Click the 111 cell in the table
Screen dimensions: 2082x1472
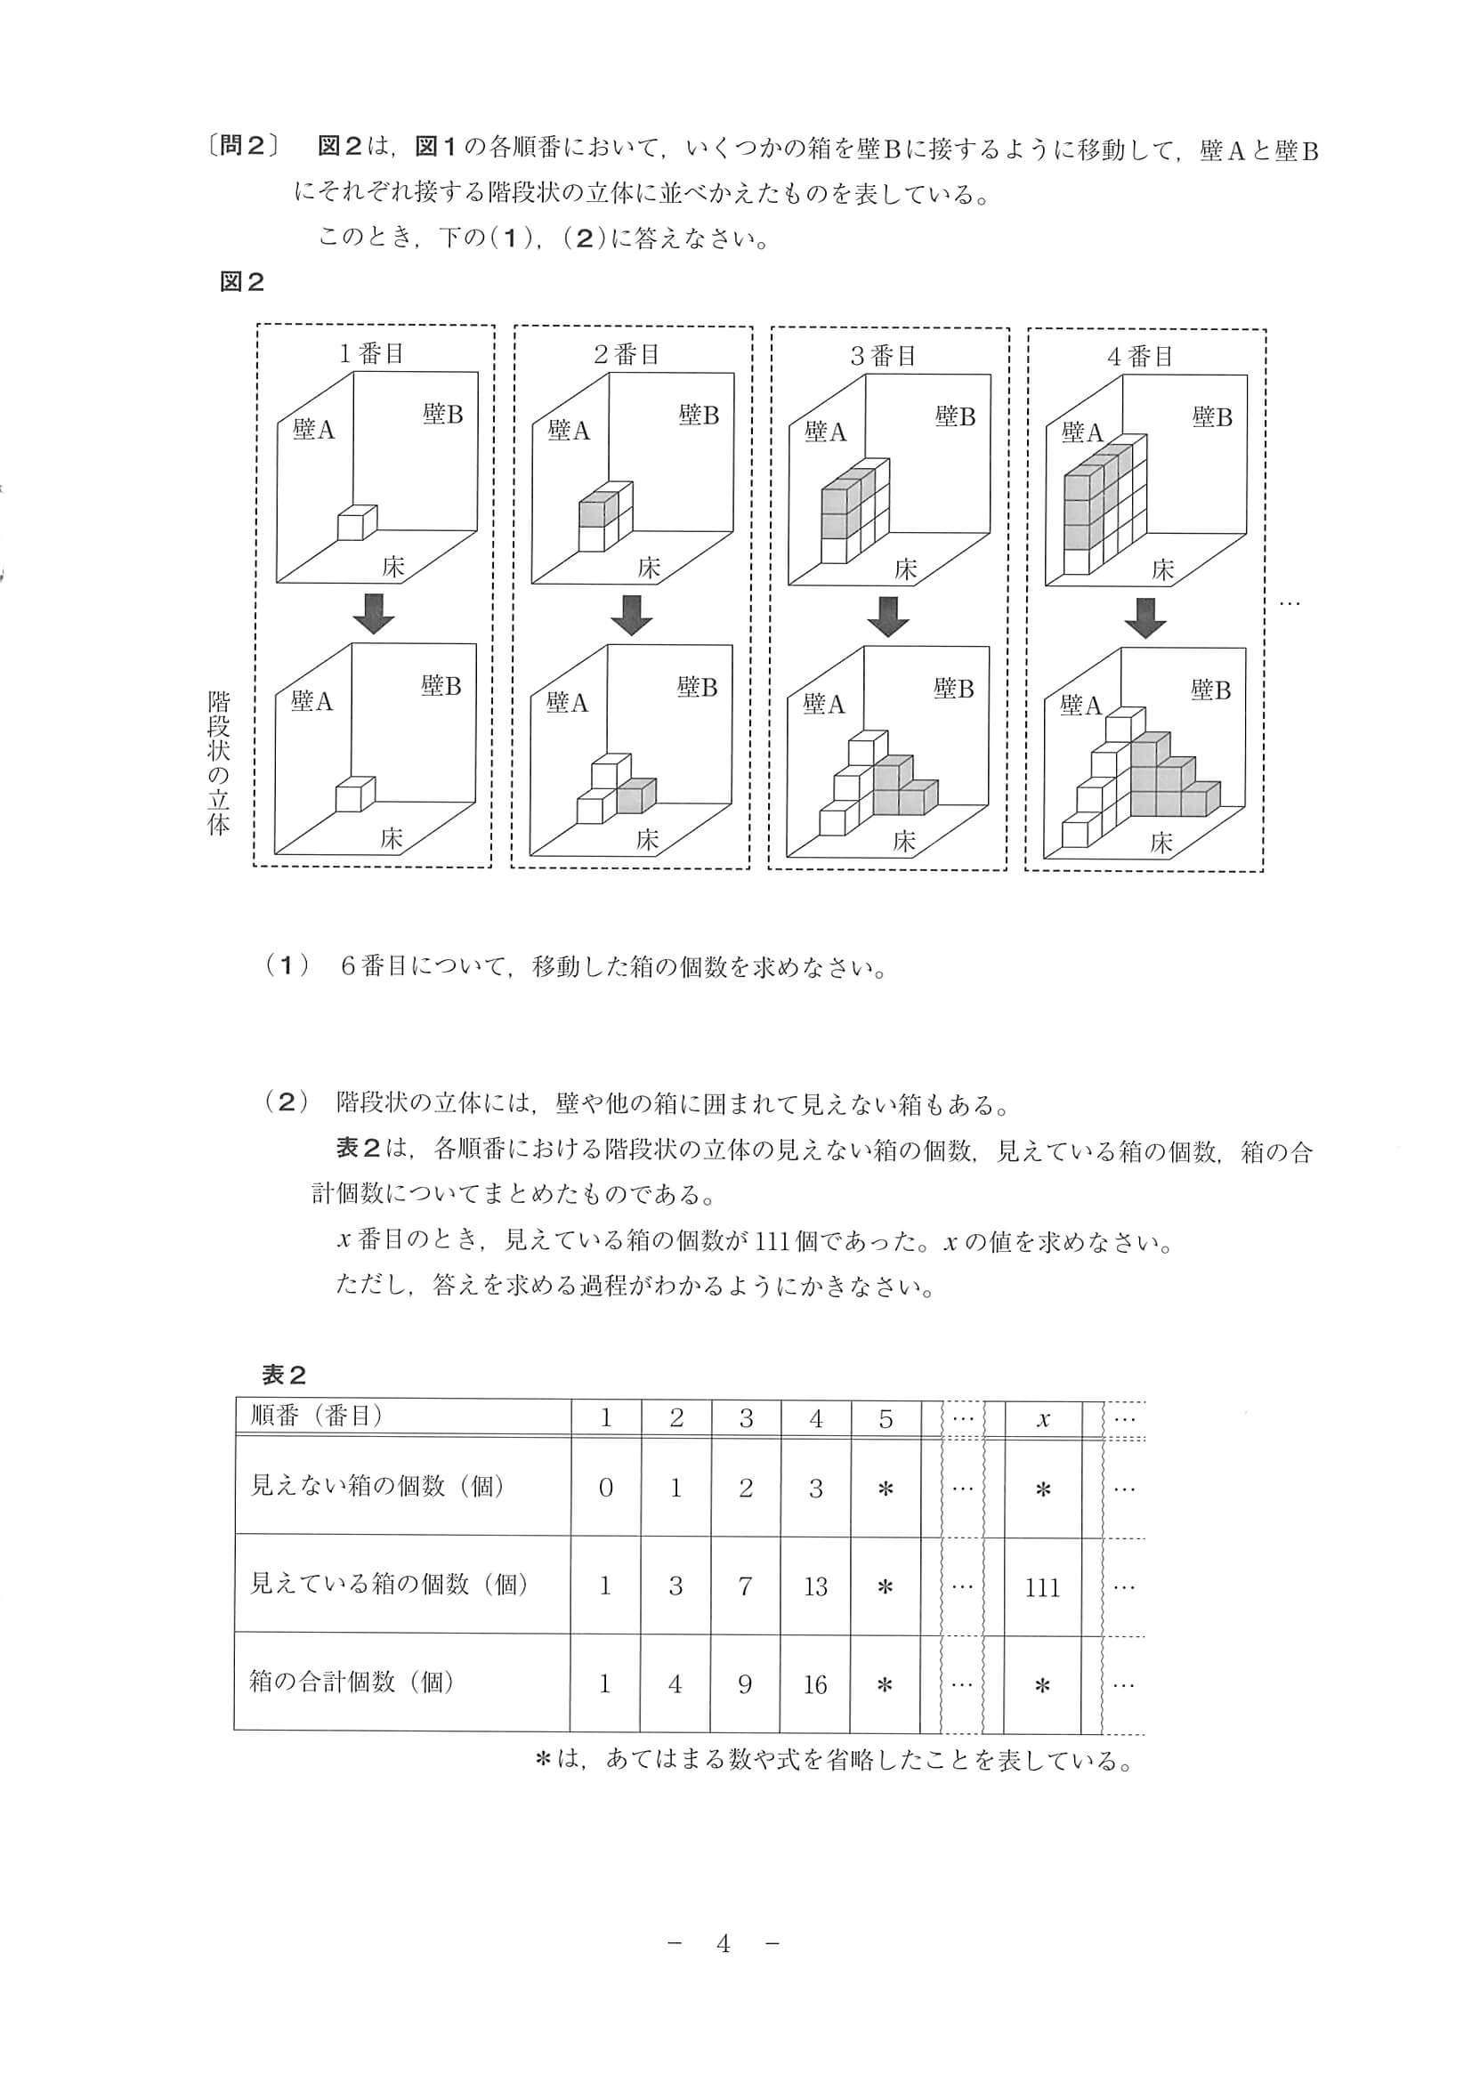pos(1042,1587)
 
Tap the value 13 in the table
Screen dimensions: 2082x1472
pos(815,1586)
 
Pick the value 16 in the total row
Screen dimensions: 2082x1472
pos(814,1685)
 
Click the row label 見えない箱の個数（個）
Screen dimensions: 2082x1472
pos(376,1486)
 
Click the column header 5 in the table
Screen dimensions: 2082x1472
pos(886,1418)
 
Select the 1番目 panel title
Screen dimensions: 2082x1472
pos(372,353)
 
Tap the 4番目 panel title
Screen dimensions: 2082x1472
pos(1140,357)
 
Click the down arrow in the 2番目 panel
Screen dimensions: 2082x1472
pos(631,615)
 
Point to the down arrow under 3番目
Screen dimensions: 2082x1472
pos(888,617)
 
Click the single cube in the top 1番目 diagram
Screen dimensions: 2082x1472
pos(355,524)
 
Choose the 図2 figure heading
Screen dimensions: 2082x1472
pos(241,282)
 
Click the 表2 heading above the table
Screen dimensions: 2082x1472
pos(284,1376)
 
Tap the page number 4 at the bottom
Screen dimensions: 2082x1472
pos(723,1943)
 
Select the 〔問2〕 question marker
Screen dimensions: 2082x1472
pos(244,147)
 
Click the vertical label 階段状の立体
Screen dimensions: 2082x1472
pos(219,763)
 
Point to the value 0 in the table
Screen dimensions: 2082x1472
pos(606,1488)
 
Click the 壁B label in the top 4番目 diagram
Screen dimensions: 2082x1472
pos(1212,417)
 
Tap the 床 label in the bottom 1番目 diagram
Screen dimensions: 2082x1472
pos(391,838)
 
